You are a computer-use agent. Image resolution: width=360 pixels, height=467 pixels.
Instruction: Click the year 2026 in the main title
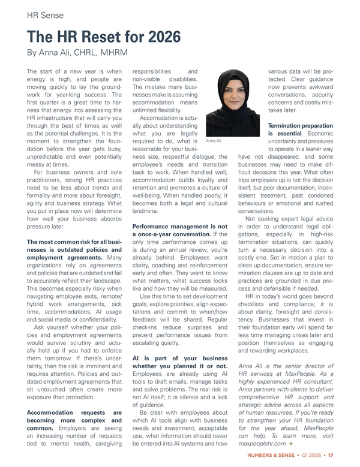point(158,37)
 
